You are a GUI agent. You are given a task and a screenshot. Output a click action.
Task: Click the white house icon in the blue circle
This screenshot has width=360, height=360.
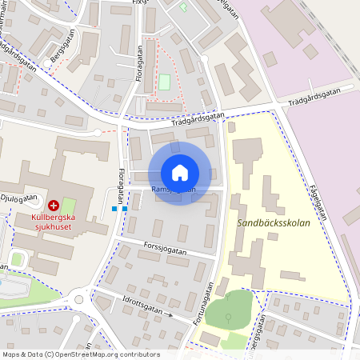pos(179,173)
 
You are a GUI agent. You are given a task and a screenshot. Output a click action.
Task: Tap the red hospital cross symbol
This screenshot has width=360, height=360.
pos(54,206)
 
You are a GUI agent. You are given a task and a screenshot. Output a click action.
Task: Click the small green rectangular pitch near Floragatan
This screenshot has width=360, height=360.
pos(165,82)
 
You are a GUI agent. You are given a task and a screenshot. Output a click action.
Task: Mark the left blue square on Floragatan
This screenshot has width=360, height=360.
pos(114,208)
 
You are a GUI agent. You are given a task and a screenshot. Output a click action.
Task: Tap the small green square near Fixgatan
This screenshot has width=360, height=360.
pos(183,9)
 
